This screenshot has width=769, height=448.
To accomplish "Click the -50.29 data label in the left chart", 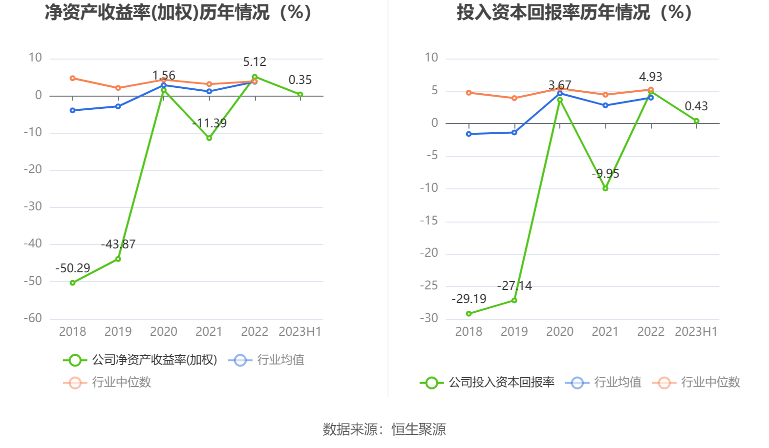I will [x=73, y=268].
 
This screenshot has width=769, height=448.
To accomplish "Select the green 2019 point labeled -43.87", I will [x=118, y=259].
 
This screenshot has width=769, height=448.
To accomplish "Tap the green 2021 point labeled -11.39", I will [x=209, y=138].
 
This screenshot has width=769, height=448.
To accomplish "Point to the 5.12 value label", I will [x=255, y=62].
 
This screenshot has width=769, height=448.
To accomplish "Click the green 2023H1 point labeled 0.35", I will [x=300, y=95].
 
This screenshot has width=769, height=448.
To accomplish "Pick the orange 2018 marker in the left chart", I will [x=73, y=78].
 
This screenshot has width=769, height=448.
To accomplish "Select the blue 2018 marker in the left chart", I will [x=73, y=110].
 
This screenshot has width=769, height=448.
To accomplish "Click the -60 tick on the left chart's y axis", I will [x=33, y=318].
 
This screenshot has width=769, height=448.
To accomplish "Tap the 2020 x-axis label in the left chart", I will [x=163, y=332].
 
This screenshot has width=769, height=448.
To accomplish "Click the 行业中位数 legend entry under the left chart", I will [x=121, y=382].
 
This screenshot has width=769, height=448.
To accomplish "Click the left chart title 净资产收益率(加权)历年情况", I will [x=178, y=13].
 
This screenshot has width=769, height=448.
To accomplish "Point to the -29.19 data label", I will [x=469, y=299].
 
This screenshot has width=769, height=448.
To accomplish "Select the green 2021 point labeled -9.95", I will [x=605, y=188].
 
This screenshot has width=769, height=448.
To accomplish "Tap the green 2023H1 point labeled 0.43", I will [x=696, y=121].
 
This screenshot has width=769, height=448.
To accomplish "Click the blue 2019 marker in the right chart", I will [x=514, y=132].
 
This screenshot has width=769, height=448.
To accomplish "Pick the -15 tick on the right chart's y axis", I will [x=429, y=221].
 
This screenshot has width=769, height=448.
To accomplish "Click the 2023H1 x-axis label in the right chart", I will [x=696, y=332].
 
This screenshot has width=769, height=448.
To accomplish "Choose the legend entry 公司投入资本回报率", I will [x=501, y=382].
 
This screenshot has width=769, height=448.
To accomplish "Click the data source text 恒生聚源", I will [x=419, y=429].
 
